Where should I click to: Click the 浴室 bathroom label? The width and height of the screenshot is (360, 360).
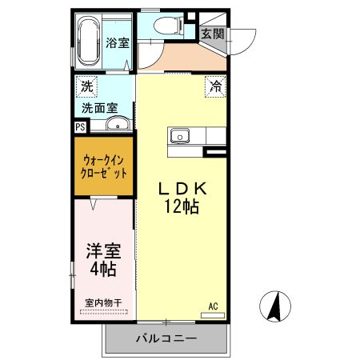tap(118, 43)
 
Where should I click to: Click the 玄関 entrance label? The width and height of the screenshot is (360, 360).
tap(212, 34)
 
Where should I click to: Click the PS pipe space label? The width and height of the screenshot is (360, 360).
tap(80, 126)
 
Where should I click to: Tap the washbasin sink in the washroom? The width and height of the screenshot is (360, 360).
tap(118, 124)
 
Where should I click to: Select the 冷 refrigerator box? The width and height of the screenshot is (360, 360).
tap(215, 85)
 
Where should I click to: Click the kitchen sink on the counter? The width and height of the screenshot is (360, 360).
tap(179, 136)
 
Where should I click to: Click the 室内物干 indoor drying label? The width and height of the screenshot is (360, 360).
tap(103, 303)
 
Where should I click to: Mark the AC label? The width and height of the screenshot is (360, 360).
tap(214, 306)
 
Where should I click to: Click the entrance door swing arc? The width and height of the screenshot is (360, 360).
tap(244, 38)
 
